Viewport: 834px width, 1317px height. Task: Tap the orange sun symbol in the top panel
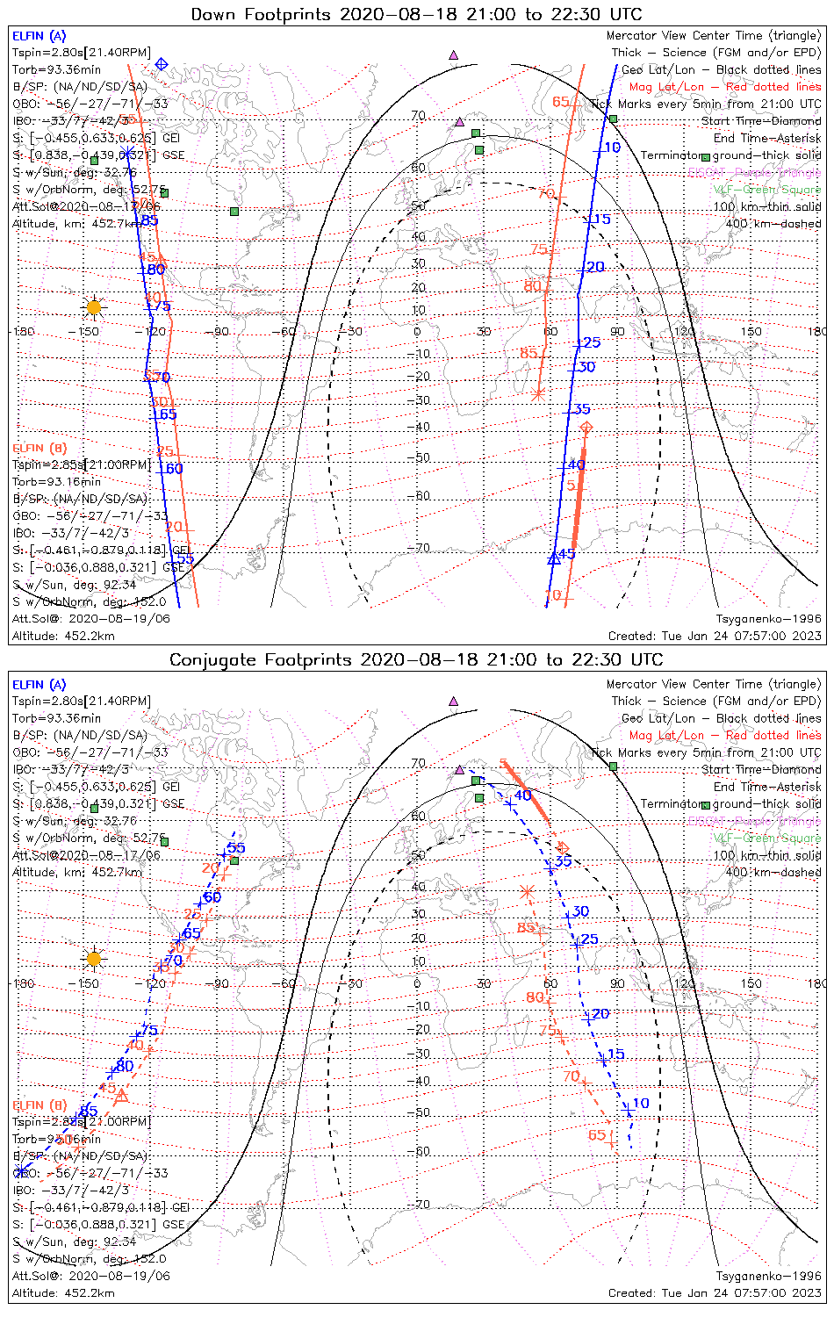94,306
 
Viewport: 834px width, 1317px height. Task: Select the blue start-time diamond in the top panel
162,64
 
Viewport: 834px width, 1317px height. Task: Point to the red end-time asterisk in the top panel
539,393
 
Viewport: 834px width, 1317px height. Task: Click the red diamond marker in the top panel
586,428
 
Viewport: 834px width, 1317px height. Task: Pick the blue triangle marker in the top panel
554,558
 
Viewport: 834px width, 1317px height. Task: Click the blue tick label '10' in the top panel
613,148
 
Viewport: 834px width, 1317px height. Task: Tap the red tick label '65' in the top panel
561,103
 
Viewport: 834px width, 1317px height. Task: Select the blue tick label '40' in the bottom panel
523,795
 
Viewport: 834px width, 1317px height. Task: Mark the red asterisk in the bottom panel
527,892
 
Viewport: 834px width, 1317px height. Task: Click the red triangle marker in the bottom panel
121,1096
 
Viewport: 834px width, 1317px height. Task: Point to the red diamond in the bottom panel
564,847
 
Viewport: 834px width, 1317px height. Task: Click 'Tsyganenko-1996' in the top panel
768,619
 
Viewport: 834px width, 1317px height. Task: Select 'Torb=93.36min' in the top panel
56,69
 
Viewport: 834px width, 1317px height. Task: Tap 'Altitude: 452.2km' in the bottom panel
63,1292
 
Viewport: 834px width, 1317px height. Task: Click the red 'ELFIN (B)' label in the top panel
40,448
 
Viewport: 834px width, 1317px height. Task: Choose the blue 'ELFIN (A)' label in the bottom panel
40,685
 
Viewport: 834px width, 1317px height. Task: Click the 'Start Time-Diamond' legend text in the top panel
761,121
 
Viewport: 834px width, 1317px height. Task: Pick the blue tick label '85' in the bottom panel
89,1111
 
